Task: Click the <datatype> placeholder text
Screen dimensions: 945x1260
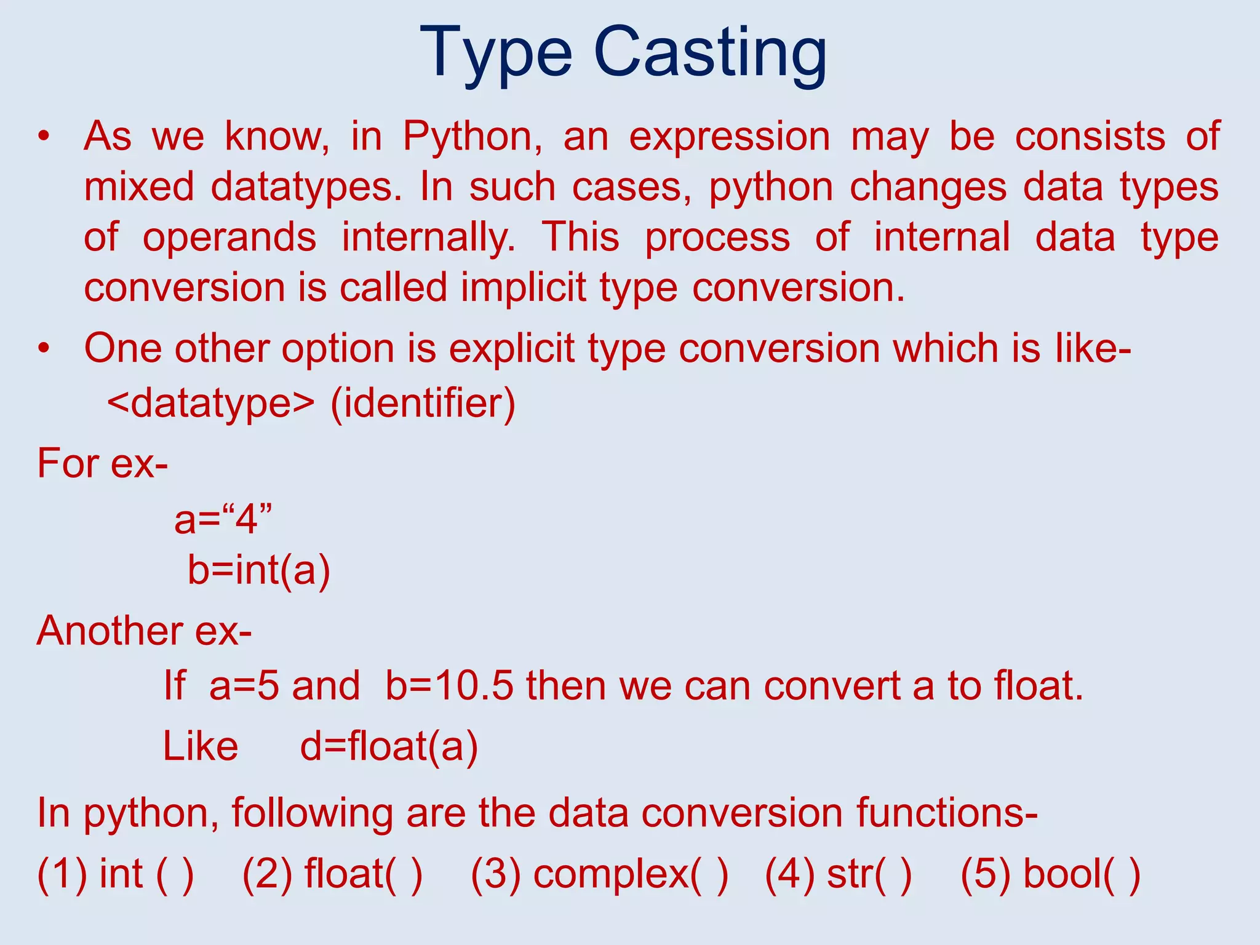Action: pos(211,404)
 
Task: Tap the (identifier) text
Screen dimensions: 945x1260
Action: pos(423,404)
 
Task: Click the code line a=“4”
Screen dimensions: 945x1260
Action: pos(223,519)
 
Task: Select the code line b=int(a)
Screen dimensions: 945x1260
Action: pos(259,570)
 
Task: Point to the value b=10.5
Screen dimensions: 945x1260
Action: pos(449,686)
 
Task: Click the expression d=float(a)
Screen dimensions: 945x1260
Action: pos(389,747)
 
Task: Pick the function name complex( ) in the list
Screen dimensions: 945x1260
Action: pos(630,874)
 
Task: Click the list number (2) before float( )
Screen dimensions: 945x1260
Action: pos(267,874)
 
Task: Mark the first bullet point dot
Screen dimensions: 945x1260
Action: pos(42,137)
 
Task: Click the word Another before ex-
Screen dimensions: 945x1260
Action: pos(110,632)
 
